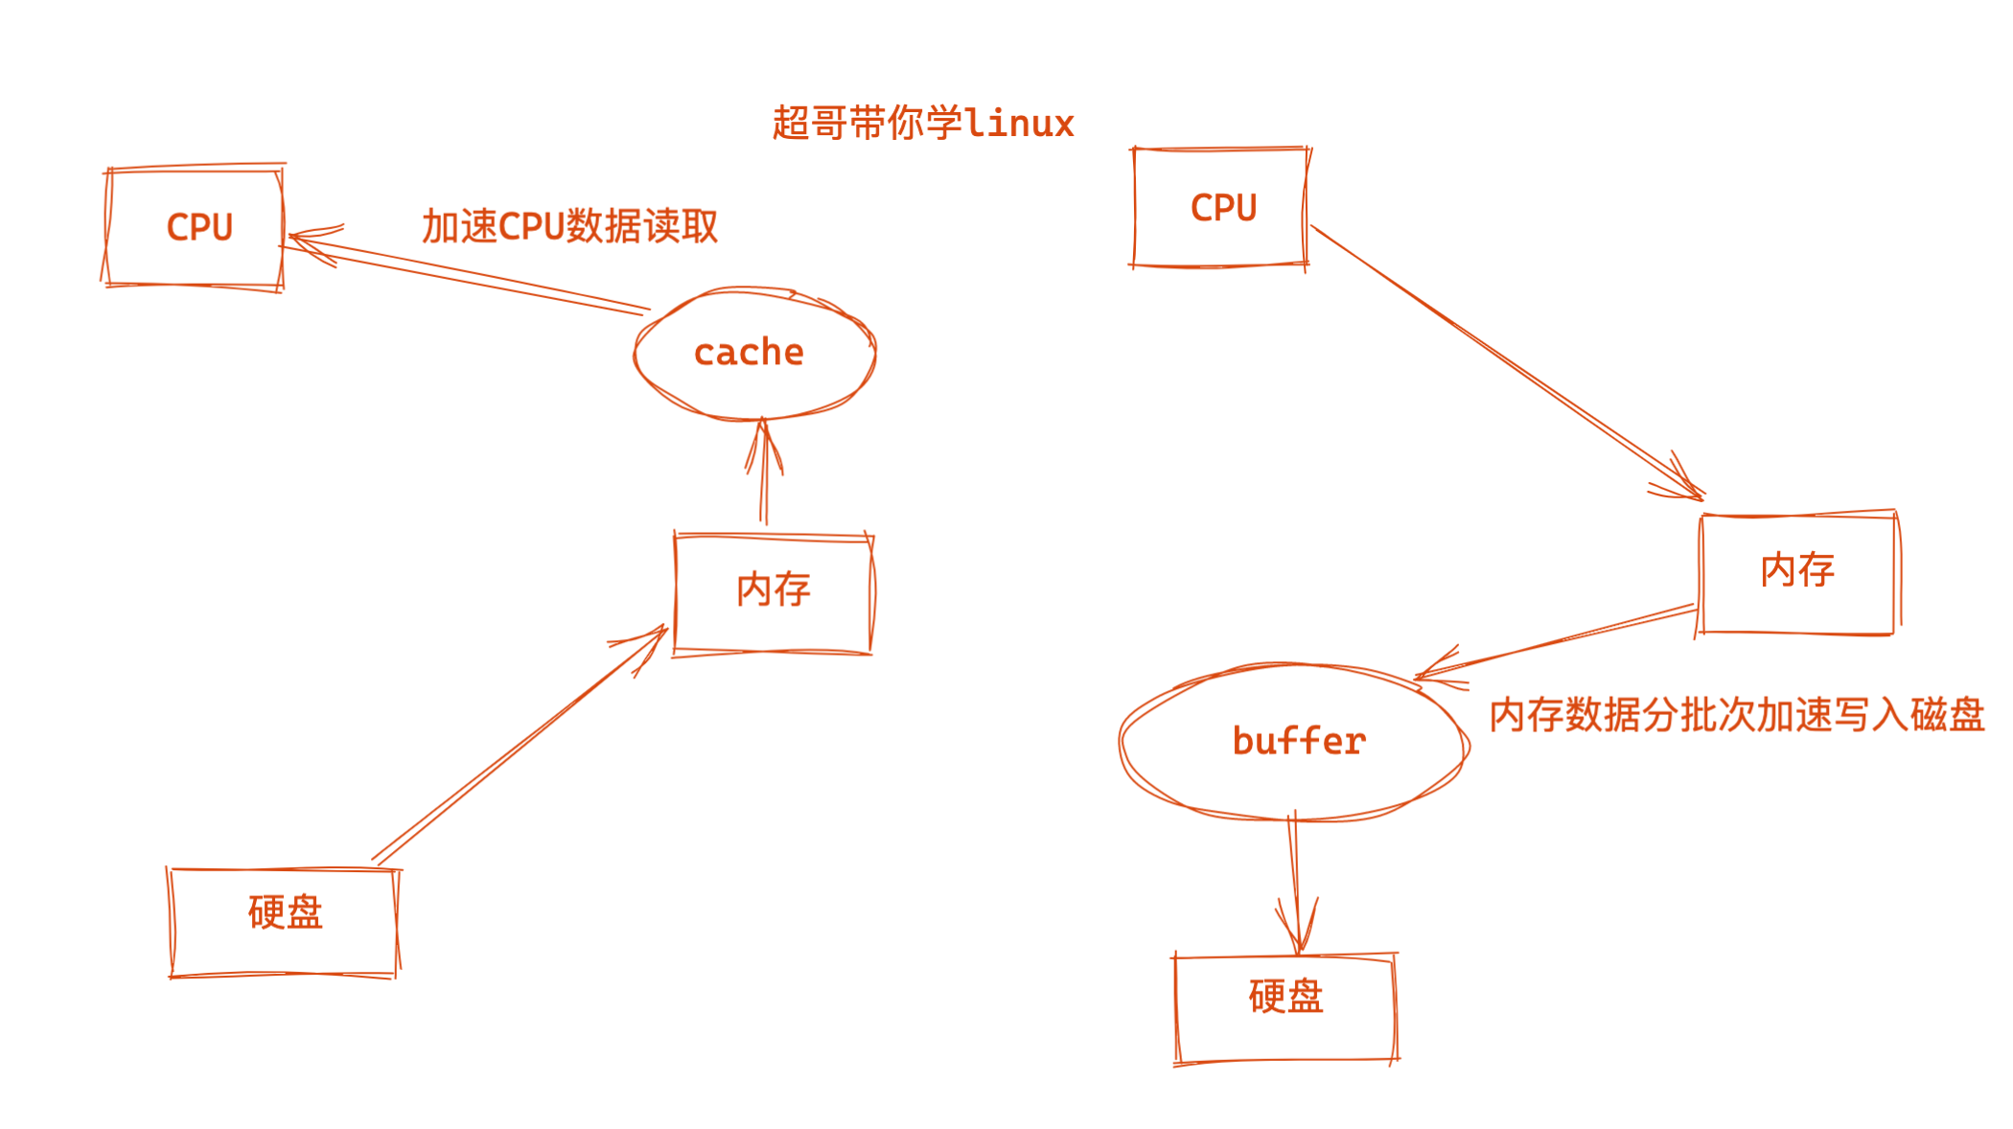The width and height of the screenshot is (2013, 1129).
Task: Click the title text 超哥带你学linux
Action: coord(922,124)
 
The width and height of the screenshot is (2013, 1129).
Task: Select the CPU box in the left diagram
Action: coord(195,227)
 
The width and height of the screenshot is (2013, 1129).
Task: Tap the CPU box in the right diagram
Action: coord(1220,207)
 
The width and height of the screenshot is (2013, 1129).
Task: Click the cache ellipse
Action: coord(754,353)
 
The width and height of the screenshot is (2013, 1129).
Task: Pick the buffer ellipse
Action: coord(1294,742)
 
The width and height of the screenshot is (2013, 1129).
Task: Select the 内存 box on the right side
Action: coord(1797,572)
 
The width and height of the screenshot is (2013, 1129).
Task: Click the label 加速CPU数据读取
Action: coord(569,226)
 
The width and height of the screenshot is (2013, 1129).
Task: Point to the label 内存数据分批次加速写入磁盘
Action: coord(1736,715)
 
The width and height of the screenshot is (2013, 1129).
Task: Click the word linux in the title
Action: coord(1019,124)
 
